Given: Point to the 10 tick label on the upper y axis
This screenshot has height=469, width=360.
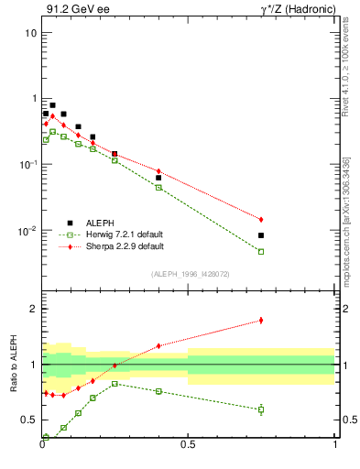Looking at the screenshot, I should (30, 33).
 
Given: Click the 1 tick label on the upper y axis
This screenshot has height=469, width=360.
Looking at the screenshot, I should (33, 99).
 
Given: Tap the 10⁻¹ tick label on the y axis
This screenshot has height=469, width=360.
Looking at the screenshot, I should (28, 164).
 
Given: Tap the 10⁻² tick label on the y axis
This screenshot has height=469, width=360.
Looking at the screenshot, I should (28, 230).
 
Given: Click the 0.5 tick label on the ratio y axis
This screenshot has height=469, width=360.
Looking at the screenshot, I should (29, 420).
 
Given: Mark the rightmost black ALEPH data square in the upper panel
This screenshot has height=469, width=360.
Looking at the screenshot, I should (261, 235).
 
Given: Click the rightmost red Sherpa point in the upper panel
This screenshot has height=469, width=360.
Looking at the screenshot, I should (261, 220).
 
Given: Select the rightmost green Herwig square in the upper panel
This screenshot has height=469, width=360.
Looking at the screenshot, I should (261, 251).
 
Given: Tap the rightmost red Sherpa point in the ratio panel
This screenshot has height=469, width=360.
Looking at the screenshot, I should (261, 320).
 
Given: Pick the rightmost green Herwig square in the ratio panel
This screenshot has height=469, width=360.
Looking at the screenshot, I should (261, 409).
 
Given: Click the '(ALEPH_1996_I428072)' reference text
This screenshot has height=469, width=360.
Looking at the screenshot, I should (189, 274).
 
